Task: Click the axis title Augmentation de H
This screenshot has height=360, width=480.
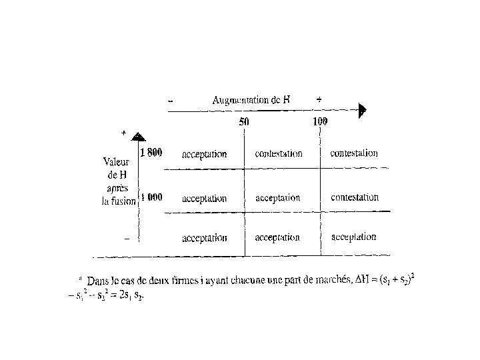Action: pyautogui.click(x=251, y=101)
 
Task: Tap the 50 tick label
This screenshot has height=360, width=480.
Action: pyautogui.click(x=245, y=122)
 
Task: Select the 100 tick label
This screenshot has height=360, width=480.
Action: pyautogui.click(x=320, y=121)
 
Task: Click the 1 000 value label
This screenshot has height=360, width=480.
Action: pyautogui.click(x=151, y=197)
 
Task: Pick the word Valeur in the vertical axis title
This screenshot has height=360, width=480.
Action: pyautogui.click(x=117, y=161)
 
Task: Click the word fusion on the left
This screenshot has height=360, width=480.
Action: pyautogui.click(x=125, y=202)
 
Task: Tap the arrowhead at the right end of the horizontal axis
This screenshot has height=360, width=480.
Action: pyautogui.click(x=362, y=111)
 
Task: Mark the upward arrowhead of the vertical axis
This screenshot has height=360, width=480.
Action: pyautogui.click(x=137, y=136)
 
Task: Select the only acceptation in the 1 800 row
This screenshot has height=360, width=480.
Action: pyautogui.click(x=204, y=154)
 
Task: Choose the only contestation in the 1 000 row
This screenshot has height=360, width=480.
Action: pyautogui.click(x=355, y=197)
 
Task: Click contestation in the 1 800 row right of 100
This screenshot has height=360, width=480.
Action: pyautogui.click(x=354, y=153)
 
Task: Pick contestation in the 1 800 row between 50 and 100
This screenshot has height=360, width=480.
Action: pyautogui.click(x=279, y=153)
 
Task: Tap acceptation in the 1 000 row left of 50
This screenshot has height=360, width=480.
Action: pyautogui.click(x=204, y=198)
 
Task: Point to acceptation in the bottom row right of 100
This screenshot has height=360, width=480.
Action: pyautogui.click(x=353, y=237)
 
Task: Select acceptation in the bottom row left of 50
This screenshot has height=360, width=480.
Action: pyautogui.click(x=204, y=237)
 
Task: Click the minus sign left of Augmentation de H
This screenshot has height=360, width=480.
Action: pyautogui.click(x=171, y=101)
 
